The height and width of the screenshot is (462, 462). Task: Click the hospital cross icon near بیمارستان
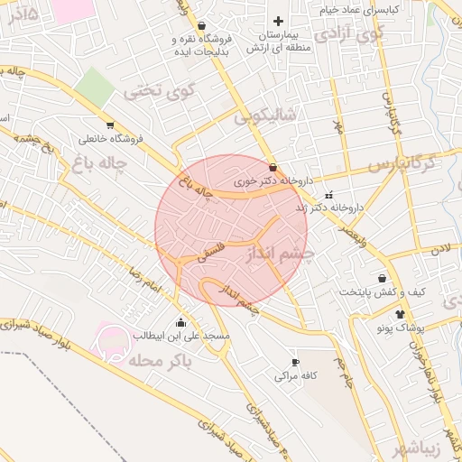click(x=278, y=21)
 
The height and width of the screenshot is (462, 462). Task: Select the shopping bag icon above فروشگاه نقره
click(x=200, y=25)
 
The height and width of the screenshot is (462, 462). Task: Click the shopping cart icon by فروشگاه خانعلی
click(x=109, y=125)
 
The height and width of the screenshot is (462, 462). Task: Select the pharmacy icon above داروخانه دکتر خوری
click(x=273, y=167)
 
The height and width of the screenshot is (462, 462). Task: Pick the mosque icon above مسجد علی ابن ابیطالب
click(x=181, y=322)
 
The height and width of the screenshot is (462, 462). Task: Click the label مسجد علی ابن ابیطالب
click(x=182, y=336)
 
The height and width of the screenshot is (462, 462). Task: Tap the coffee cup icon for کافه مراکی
click(x=294, y=362)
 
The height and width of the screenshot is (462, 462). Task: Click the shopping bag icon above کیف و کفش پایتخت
click(x=383, y=279)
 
